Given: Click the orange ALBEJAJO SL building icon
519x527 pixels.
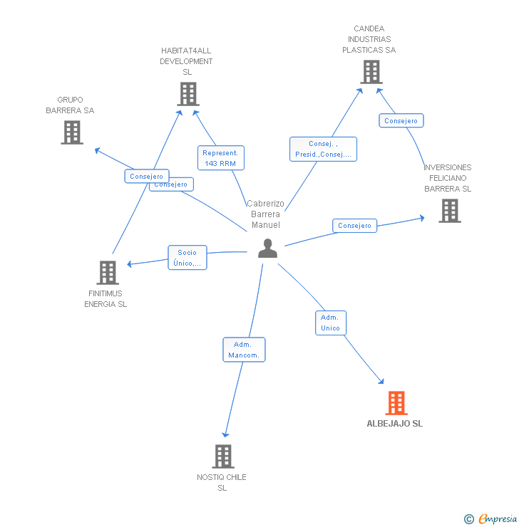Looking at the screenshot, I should click(396, 403).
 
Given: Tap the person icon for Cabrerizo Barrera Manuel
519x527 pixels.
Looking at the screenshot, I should click(267, 248).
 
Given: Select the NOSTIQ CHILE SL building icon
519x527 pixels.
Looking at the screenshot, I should click(223, 456).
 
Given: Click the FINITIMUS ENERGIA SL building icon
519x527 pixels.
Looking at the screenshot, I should click(107, 272).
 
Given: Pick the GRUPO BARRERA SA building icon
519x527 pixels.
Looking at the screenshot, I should click(71, 132).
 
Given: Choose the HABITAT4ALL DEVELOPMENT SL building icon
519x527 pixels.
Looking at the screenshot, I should click(187, 94).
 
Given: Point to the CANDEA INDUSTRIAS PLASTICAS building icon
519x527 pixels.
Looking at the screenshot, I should click(371, 72).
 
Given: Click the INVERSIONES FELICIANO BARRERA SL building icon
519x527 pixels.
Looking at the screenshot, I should click(449, 211).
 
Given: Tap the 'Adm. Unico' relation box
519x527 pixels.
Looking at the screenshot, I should click(330, 323).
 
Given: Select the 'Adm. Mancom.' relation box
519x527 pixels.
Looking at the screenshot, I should click(244, 350).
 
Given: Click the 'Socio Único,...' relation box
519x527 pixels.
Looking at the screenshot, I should click(187, 258).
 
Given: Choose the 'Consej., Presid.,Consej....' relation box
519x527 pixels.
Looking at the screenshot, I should click(323, 149).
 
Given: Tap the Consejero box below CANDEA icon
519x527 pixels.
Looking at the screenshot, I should click(401, 121).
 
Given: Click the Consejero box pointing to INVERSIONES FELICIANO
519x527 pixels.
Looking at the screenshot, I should click(354, 226).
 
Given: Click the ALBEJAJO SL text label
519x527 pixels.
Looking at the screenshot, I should click(394, 424).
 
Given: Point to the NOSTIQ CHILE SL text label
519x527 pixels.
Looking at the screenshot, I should click(222, 482).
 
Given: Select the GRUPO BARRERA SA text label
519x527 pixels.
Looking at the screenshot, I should click(70, 105).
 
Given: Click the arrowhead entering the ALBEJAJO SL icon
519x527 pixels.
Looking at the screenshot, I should click(381, 382).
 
